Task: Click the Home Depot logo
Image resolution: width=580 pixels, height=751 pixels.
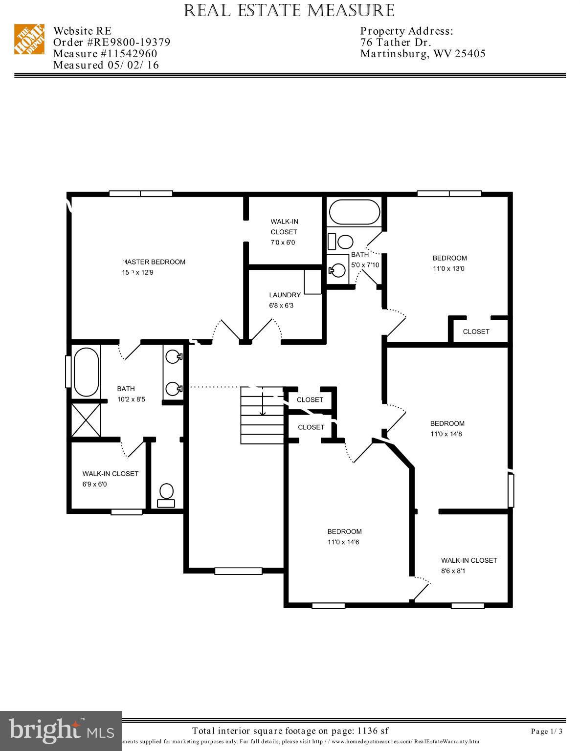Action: coord(29,39)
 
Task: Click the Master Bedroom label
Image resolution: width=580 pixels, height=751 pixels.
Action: coord(154,262)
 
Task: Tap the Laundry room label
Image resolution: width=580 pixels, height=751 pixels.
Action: coord(285,295)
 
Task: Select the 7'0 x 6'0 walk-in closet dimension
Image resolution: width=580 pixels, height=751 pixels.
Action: coord(283,243)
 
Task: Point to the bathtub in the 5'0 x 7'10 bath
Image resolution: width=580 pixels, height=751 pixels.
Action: coord(355,212)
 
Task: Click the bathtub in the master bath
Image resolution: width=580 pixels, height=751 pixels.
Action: coord(86,372)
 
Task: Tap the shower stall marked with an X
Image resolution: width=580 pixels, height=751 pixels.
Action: coord(86,420)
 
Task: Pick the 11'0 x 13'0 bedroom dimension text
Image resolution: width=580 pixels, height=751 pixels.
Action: coord(448,268)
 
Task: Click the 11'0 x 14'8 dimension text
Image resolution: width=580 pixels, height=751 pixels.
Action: coord(446,434)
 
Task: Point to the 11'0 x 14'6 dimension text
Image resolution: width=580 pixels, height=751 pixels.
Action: coord(343,542)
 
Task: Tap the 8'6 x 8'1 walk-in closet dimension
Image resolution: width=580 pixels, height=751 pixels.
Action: coord(453,571)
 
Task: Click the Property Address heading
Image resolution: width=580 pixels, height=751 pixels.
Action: coord(407,31)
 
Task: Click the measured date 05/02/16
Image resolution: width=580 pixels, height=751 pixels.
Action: coord(133,65)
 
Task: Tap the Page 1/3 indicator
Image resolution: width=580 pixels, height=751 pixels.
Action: coord(547,731)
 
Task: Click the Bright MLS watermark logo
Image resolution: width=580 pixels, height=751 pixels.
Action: coord(61,730)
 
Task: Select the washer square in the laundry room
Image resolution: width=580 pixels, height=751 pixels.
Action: coord(312,281)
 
